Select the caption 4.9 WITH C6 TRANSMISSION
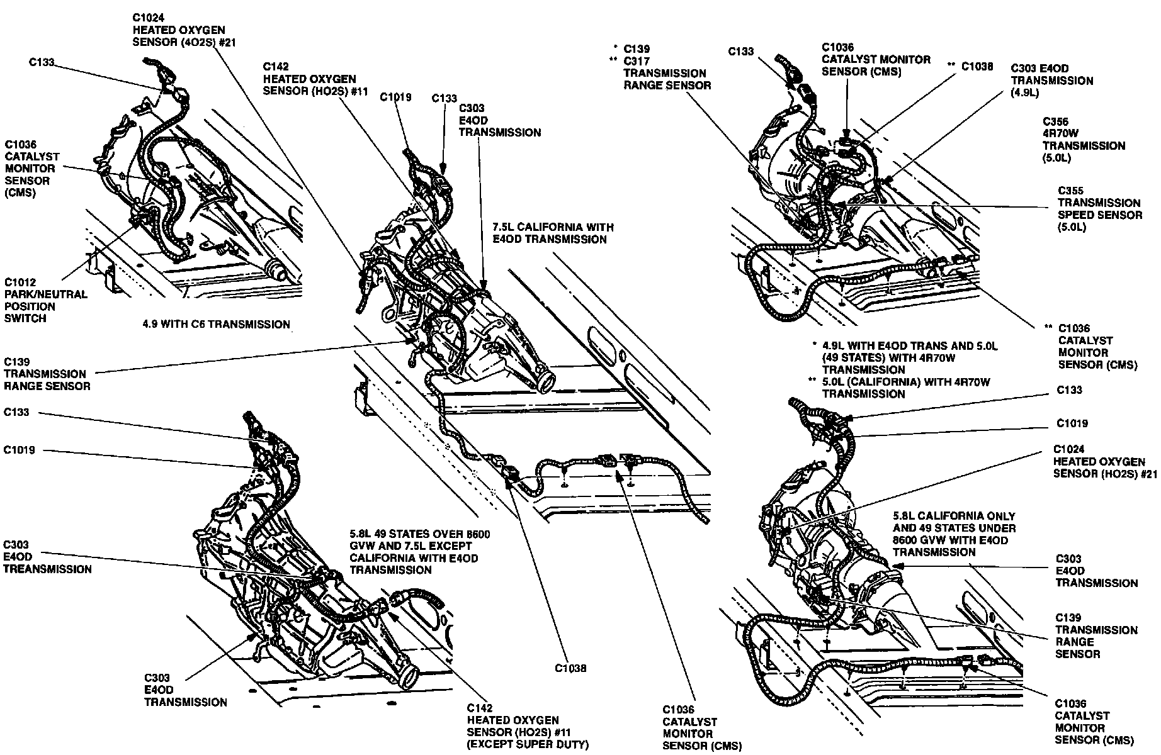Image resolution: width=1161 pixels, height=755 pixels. click(217, 325)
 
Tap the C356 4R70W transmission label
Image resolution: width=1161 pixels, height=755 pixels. click(1084, 140)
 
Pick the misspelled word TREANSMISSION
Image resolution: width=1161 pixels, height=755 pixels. click(47, 569)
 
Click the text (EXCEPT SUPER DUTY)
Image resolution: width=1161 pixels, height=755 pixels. click(527, 745)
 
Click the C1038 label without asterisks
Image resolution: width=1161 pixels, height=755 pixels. click(571, 668)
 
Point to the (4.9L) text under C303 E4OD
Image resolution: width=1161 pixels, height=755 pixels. click(1025, 93)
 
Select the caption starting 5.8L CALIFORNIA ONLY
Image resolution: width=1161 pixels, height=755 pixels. click(954, 534)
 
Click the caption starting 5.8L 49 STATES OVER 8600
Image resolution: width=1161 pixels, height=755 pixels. click(419, 552)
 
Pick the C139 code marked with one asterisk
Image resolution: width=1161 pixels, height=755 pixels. click(637, 49)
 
